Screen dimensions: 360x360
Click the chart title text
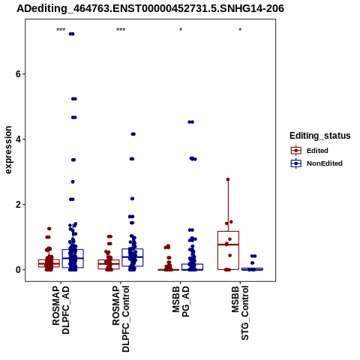150,8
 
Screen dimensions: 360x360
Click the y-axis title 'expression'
8,150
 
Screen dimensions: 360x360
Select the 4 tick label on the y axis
18,139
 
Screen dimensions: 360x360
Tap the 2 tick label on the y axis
18,205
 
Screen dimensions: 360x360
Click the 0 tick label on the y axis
18,270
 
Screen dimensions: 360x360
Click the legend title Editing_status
320,136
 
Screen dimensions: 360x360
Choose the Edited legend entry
317,151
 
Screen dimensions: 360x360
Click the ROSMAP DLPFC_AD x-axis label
61,310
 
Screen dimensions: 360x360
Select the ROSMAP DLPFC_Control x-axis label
121,319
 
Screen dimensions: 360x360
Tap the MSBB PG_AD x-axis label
181,301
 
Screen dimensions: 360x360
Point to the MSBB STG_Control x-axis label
240,313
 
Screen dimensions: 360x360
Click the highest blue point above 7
72,34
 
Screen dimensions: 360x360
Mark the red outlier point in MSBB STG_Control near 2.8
228,179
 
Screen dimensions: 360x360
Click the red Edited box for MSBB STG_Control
228,250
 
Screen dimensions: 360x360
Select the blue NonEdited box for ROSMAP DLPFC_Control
133,257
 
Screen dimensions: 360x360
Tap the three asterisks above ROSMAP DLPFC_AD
61,30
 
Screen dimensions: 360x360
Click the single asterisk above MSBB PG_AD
181,30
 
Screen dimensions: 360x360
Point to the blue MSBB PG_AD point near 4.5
191,122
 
